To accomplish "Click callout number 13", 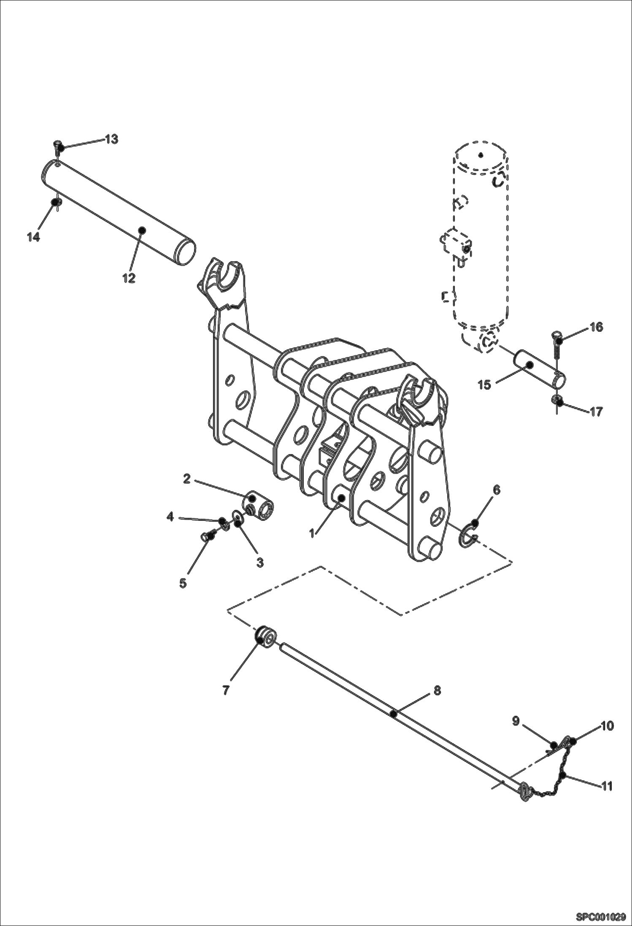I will [x=111, y=139].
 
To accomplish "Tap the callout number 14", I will [x=33, y=237].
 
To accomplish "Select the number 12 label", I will [x=129, y=278].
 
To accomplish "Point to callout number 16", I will [x=596, y=327].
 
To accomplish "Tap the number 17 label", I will [x=596, y=411].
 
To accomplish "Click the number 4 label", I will [x=170, y=516].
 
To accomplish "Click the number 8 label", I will [x=437, y=690].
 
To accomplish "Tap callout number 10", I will [x=607, y=726].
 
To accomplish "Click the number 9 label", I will [x=516, y=721].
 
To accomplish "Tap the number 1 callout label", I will [x=312, y=533].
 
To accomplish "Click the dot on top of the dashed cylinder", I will [x=481, y=155].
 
